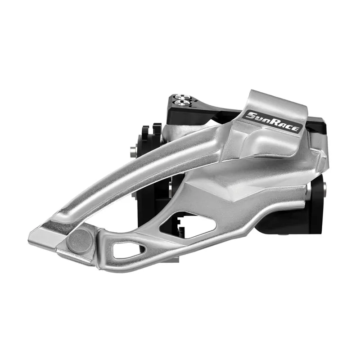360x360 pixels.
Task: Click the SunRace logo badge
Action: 272,121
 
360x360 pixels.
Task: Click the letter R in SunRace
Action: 275,122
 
